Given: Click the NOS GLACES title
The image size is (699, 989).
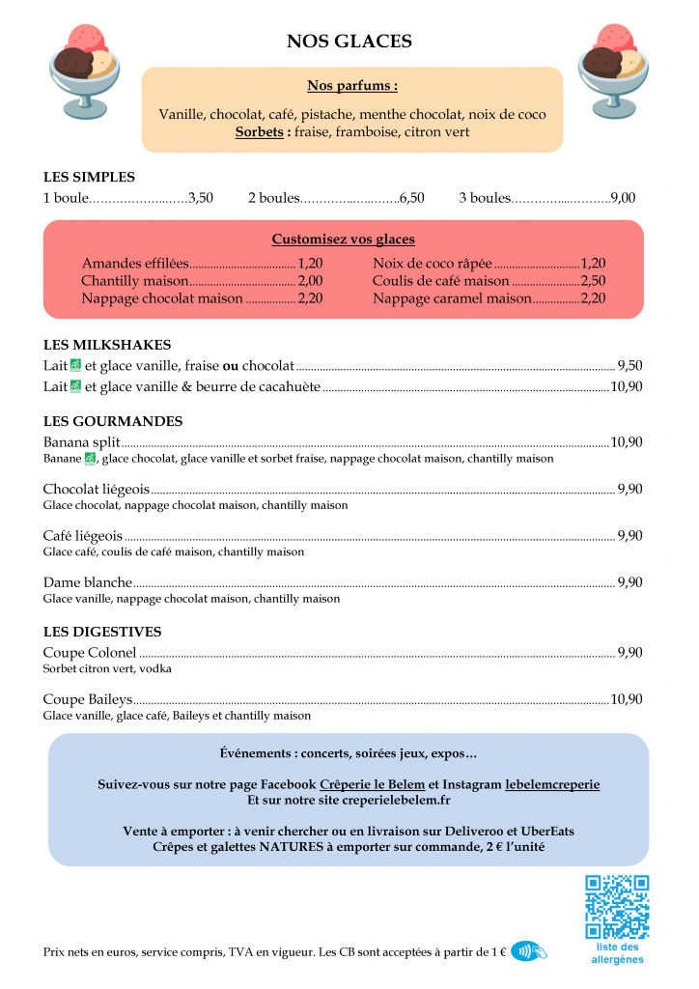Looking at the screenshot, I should tap(349, 42).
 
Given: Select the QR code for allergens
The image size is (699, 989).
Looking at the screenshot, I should tap(617, 907).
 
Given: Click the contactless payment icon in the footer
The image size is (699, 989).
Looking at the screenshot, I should tap(528, 951).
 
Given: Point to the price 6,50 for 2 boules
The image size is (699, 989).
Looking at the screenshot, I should tap(411, 198).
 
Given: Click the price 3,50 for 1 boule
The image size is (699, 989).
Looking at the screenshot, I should tap(201, 198).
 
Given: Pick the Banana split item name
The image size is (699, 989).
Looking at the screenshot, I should tap(81, 442).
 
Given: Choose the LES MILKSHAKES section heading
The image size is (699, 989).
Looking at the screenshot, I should tap(107, 345).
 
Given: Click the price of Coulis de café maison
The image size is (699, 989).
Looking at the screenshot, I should tap(593, 281).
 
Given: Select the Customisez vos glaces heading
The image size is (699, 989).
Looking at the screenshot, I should tap(343, 240).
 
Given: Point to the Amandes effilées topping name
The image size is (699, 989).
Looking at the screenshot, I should tap(134, 263).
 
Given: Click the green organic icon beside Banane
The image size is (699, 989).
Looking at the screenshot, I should tap(90, 459).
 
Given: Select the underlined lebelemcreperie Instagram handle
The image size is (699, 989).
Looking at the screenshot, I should tap(551, 784).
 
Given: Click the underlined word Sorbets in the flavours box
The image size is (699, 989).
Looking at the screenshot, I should tap(259, 132).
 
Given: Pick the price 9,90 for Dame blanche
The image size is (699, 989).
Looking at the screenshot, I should tap(629, 582).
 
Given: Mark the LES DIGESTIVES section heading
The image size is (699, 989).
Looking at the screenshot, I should tap(102, 633).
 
